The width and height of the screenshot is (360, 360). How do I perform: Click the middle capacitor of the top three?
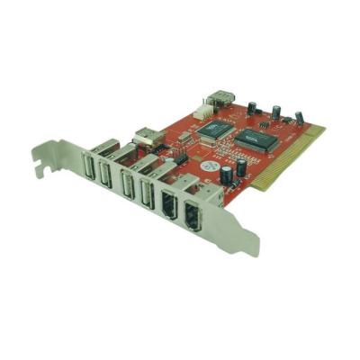click(275, 113)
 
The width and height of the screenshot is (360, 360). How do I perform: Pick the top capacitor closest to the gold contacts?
click(298, 118)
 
